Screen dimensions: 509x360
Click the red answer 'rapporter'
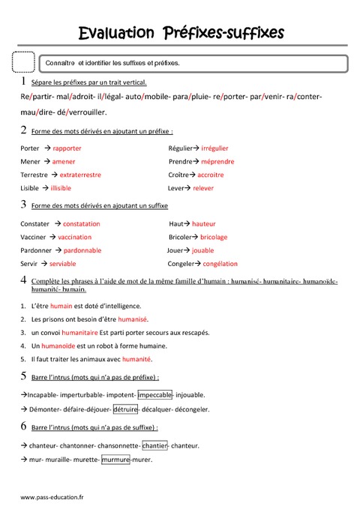(67, 148)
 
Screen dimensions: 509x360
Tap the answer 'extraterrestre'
(79, 175)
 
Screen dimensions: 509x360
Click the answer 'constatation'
(81, 224)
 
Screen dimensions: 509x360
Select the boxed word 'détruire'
(126, 409)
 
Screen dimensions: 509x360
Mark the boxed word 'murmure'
(115, 460)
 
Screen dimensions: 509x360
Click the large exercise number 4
(24, 280)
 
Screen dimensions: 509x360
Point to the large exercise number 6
(24, 427)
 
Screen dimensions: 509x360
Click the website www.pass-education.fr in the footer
(52, 496)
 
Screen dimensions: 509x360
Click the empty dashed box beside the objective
(24, 63)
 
